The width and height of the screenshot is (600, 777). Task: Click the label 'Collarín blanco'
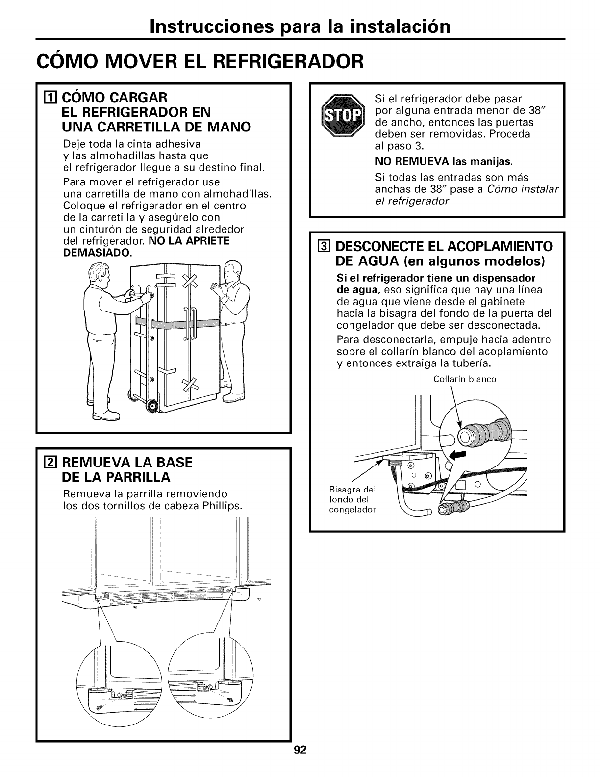click(x=465, y=379)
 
